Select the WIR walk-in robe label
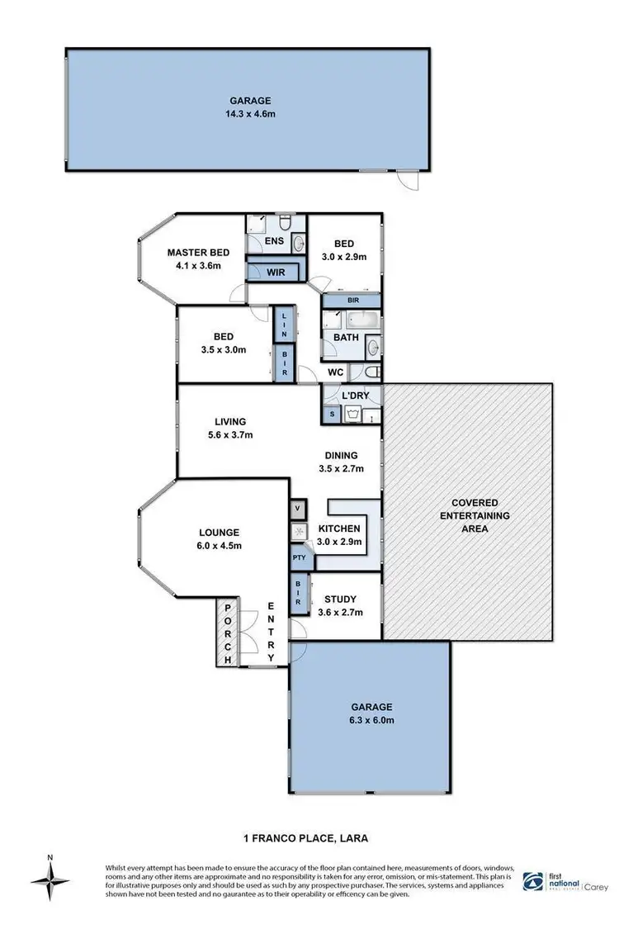275,270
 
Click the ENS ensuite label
275,242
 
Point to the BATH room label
345,338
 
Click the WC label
335,372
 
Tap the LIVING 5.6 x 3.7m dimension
232,435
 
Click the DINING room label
341,455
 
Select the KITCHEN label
338,528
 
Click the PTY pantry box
298,559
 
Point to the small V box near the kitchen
297,508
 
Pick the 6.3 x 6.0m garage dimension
370,720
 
